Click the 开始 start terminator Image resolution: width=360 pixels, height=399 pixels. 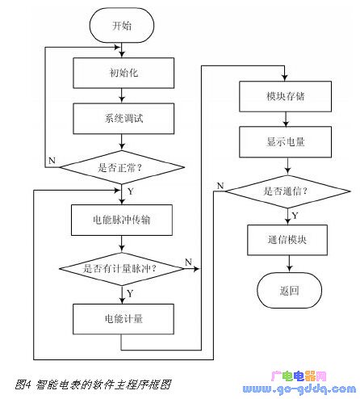pyautogui.click(x=122, y=25)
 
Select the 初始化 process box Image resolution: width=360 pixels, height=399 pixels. pyautogui.click(x=123, y=73)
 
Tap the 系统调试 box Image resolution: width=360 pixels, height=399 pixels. pyautogui.click(x=123, y=119)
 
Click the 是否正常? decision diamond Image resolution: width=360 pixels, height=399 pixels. pyautogui.click(x=122, y=167)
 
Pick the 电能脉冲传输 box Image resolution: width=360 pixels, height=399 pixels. pyautogui.click(x=122, y=220)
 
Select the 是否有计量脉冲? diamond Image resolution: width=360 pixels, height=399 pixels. pyautogui.click(x=122, y=269)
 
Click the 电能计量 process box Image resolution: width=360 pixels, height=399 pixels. pyautogui.click(x=123, y=319)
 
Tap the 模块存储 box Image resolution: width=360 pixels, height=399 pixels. pyautogui.click(x=285, y=96)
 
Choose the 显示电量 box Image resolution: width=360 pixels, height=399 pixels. pyautogui.click(x=285, y=142)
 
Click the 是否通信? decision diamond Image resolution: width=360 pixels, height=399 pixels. pyautogui.click(x=287, y=191)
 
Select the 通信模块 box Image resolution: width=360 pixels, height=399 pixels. pyautogui.click(x=287, y=240)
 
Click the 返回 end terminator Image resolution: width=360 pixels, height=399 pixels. pyautogui.click(x=289, y=290)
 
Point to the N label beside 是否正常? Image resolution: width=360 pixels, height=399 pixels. pyautogui.click(x=52, y=161)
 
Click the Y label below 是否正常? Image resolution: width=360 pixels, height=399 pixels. pyautogui.click(x=131, y=191)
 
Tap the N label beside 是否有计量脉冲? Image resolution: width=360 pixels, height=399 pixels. pyautogui.click(x=188, y=262)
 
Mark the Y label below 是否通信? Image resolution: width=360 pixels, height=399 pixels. pyautogui.click(x=295, y=216)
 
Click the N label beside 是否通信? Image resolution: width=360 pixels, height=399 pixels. pyautogui.click(x=220, y=186)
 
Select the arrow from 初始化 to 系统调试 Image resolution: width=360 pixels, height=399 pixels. pyautogui.click(x=122, y=95)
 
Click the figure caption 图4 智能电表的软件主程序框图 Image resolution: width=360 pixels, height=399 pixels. pyautogui.click(x=93, y=384)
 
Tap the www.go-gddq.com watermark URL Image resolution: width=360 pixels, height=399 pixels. pyautogui.click(x=299, y=389)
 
